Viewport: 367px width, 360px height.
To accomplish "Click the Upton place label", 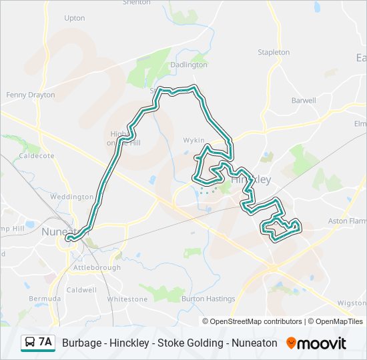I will (75, 18).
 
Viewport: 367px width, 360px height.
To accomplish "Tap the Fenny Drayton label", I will (31, 95).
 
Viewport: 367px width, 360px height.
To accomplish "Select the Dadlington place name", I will (189, 65).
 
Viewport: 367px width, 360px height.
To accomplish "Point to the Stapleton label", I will (274, 52).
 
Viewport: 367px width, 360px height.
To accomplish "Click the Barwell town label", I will (304, 101).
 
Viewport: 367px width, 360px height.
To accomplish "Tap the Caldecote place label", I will (37, 155).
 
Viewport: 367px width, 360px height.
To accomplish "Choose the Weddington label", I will (72, 197).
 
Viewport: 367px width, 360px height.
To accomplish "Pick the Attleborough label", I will (97, 267).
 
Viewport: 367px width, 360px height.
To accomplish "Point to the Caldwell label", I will (81, 290).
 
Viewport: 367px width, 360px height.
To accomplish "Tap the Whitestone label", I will (127, 299).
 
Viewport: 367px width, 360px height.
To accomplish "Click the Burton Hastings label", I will (208, 299).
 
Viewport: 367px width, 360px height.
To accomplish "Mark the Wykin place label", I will (194, 141).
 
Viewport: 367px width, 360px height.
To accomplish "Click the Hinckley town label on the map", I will (251, 180).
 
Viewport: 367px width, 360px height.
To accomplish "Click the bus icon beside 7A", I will (30, 343).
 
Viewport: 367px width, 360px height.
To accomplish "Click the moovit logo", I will (316, 343).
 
